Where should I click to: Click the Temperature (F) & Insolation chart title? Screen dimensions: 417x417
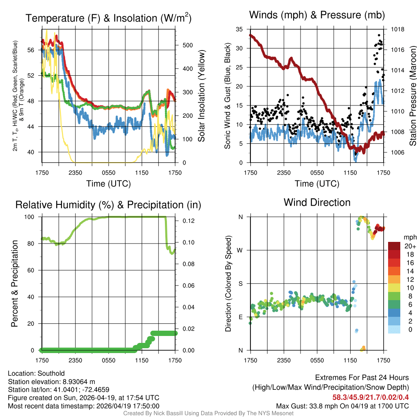tap(108, 18)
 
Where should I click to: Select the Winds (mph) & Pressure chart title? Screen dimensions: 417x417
tap(317, 15)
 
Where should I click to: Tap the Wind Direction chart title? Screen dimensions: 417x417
tap(317, 202)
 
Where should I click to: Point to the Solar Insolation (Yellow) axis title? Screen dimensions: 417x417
tap(201, 96)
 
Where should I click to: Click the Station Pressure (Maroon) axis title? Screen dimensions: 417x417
tap(412, 96)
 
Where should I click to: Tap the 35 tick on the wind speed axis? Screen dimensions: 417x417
tap(239, 29)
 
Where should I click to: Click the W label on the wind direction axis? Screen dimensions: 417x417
tap(240, 250)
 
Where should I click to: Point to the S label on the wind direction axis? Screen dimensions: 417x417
tap(240, 283)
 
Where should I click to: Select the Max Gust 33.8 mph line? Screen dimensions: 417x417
tap(342, 406)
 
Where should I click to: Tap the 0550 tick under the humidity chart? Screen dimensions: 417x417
tap(109, 360)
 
